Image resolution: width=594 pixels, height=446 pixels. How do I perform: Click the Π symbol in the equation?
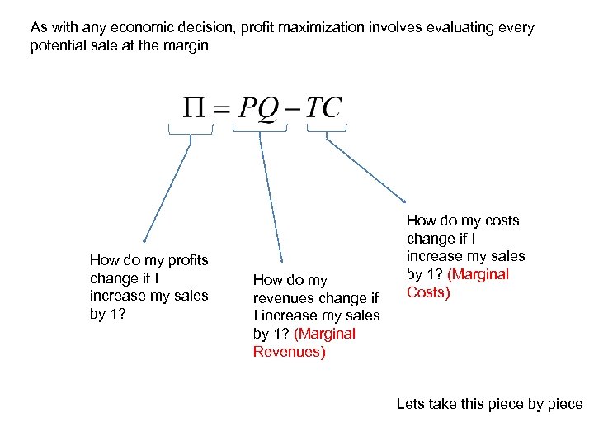[x=195, y=107]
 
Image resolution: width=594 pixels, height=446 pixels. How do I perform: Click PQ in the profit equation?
[x=259, y=107]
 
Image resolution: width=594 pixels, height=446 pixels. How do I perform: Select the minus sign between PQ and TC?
[x=291, y=109]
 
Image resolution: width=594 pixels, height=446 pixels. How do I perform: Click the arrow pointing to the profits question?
[x=167, y=190]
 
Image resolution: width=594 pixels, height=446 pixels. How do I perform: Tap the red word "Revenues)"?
[x=289, y=352]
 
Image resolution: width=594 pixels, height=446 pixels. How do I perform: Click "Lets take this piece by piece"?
[x=489, y=404]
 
